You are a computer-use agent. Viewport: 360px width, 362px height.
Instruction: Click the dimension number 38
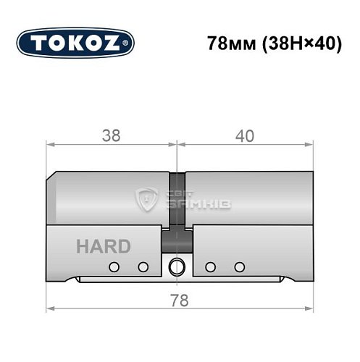coord(112,136)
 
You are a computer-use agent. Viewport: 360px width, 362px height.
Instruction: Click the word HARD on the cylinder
coord(104,245)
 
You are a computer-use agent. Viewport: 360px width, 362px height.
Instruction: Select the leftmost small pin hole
coord(113,268)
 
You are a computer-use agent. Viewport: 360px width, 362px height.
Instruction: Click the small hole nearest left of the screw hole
coord(143,268)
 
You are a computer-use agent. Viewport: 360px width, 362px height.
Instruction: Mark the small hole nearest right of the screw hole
coord(209,268)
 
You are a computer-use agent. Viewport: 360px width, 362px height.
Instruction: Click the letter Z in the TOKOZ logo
coord(119,43)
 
